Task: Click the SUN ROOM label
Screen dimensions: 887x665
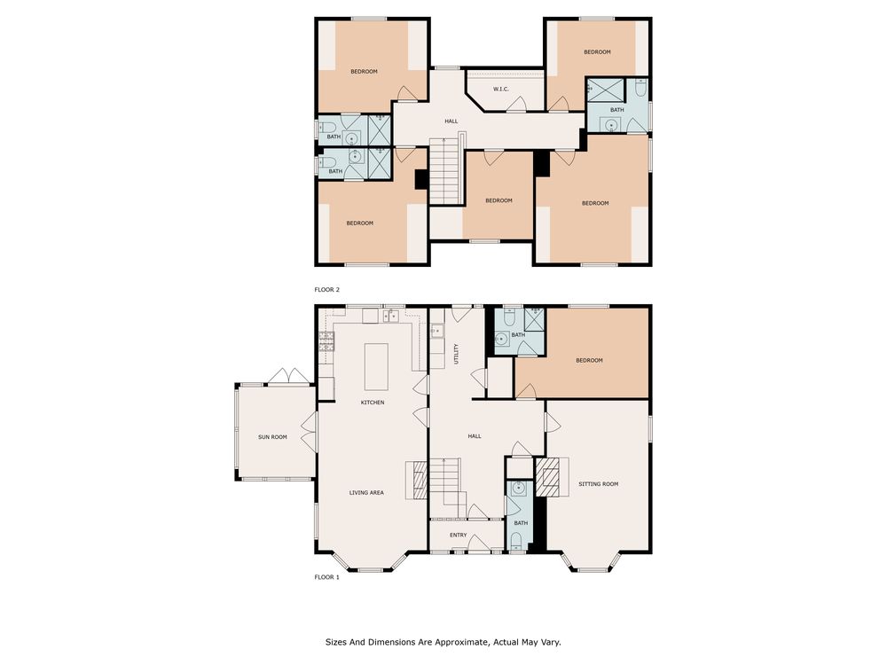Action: click(x=272, y=437)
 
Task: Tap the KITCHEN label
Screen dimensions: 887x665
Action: click(x=373, y=403)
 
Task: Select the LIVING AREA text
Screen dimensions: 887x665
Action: click(x=366, y=493)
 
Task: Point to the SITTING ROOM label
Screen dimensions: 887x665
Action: click(x=599, y=484)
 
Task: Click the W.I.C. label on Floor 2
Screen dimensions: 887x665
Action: click(x=501, y=90)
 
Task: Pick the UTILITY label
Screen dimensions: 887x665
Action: click(x=457, y=354)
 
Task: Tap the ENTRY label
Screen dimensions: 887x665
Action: click(x=459, y=535)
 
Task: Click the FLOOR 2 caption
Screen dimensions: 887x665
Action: click(x=327, y=290)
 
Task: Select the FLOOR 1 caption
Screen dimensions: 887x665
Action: click(x=327, y=577)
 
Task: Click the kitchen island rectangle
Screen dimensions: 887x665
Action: click(x=376, y=367)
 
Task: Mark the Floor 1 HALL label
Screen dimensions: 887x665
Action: click(x=475, y=436)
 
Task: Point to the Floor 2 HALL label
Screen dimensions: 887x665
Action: click(x=451, y=121)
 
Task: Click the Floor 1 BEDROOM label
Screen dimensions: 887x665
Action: click(x=590, y=360)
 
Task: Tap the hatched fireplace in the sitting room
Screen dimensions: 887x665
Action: click(x=547, y=477)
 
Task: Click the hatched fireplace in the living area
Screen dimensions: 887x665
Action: click(x=420, y=480)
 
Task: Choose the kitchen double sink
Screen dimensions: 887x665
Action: click(x=391, y=316)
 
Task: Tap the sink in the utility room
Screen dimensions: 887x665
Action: click(x=437, y=331)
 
